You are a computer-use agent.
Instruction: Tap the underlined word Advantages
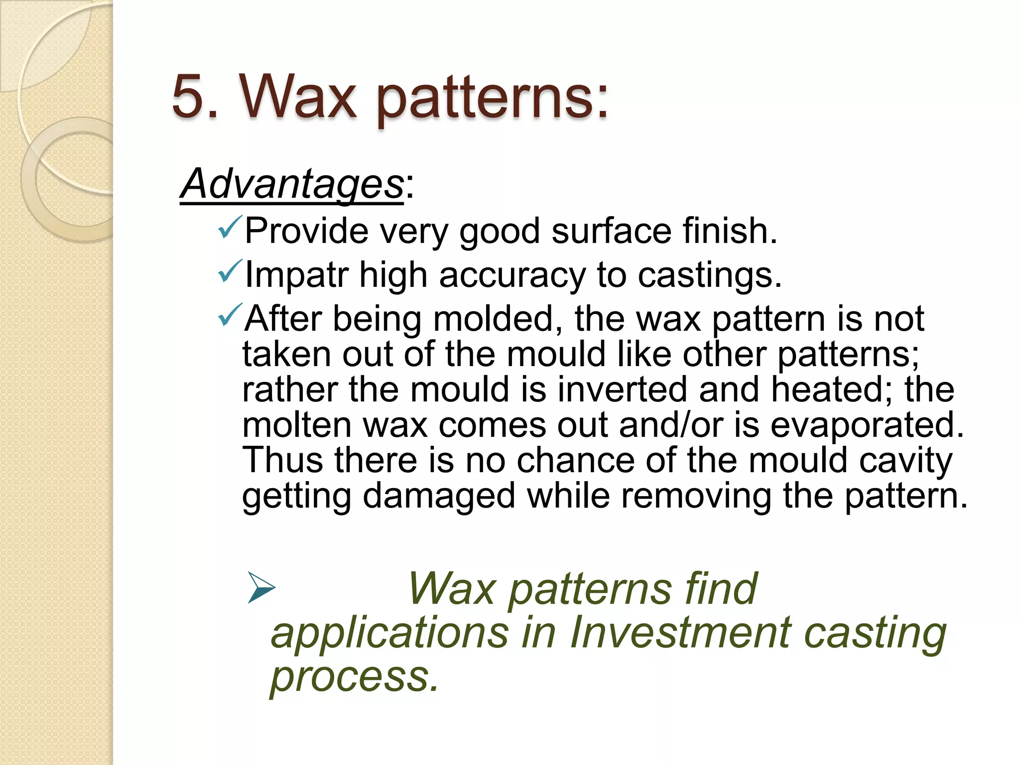[292, 184]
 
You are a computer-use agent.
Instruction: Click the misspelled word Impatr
[296, 275]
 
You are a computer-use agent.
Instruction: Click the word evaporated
[867, 425]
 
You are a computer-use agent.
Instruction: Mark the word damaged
[438, 497]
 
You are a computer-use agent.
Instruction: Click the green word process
[354, 677]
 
